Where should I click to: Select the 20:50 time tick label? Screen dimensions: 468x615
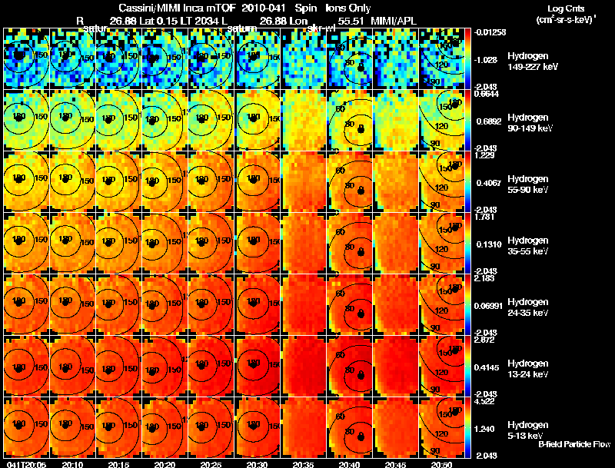click(444, 464)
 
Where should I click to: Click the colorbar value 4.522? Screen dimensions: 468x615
click(484, 400)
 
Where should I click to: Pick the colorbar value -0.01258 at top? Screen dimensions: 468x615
click(487, 32)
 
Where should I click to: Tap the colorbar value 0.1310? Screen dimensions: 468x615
click(487, 244)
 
